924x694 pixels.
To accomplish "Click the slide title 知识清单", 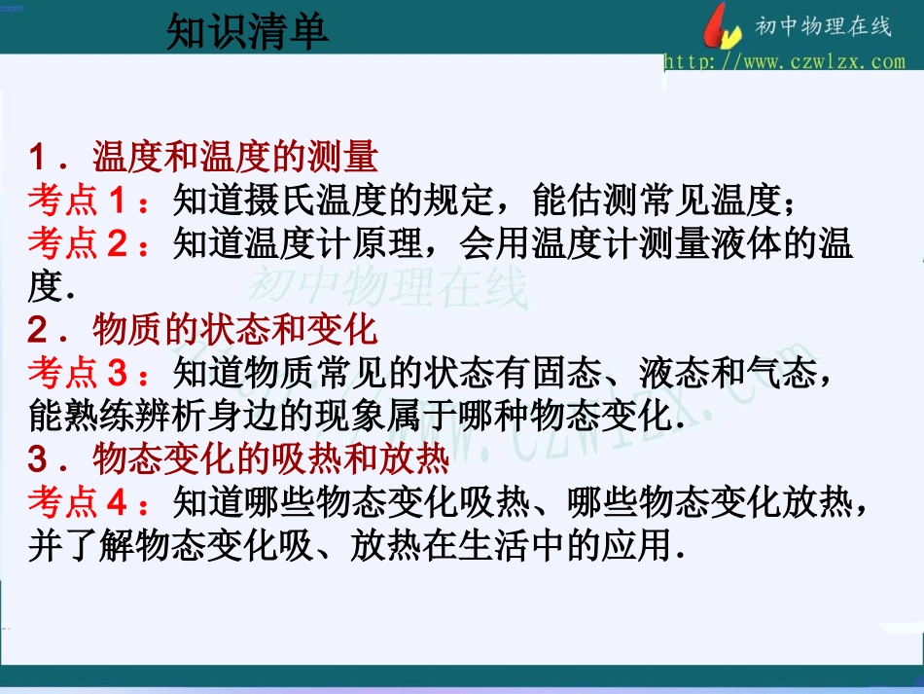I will click(247, 32).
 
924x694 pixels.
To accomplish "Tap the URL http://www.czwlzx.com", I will click(784, 61).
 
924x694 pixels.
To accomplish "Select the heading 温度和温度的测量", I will click(235, 156).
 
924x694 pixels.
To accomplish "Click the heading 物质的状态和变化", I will click(235, 330).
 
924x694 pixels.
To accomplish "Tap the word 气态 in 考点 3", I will click(783, 373).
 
